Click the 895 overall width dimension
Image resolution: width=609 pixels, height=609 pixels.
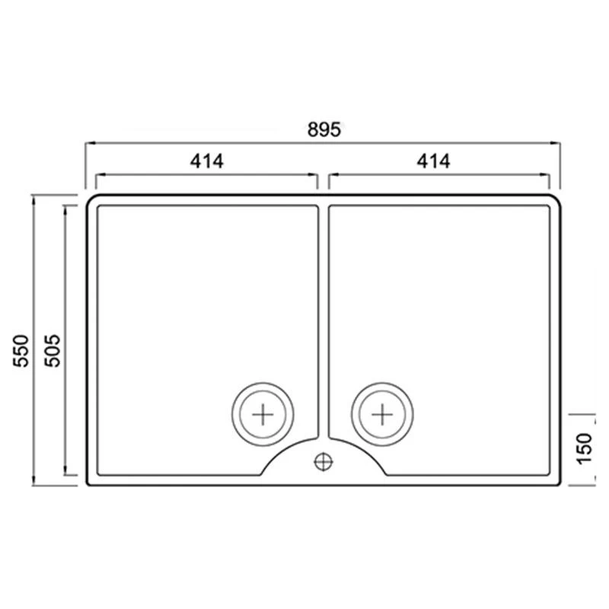point(324,129)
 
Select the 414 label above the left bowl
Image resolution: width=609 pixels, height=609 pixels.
point(206,161)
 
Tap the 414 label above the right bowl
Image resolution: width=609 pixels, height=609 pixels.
point(433,161)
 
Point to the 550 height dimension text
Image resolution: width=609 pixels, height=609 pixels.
point(21,351)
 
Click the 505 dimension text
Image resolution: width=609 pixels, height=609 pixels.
point(53,351)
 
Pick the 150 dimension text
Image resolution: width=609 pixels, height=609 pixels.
point(584,448)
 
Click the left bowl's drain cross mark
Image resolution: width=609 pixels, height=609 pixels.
point(263,414)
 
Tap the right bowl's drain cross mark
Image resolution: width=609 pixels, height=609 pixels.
point(383,414)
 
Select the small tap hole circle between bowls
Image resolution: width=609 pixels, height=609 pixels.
point(324,462)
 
